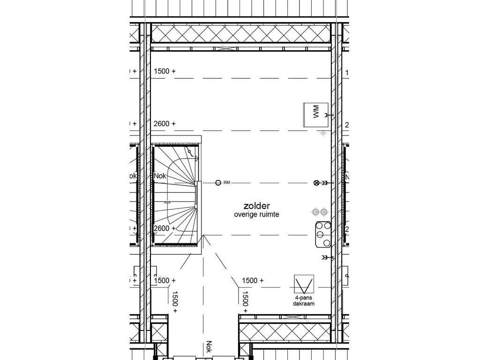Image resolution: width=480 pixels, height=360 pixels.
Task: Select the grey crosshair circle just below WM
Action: click(322, 134)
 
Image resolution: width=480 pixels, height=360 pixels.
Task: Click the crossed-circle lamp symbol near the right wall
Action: click(316, 183)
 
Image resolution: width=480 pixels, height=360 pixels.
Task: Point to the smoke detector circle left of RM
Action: click(218, 183)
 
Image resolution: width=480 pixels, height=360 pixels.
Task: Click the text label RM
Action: click(226, 183)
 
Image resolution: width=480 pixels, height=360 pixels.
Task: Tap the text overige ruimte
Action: click(257, 215)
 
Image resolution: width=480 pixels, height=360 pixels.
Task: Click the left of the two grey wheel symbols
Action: click(315, 212)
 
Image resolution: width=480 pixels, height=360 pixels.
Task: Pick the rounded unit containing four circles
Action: click(322, 234)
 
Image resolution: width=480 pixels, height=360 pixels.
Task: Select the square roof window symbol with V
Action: click(303, 284)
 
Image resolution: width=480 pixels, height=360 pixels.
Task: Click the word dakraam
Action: click(303, 304)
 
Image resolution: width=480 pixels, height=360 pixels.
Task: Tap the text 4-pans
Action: click(303, 298)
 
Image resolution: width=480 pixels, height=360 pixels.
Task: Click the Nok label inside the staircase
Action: click(159, 176)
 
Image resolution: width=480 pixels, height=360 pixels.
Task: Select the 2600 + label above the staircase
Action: click(165, 124)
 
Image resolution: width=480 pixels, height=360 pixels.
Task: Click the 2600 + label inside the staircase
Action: click(165, 228)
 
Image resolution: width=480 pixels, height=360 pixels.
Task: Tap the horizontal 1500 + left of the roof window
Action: click(253, 280)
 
